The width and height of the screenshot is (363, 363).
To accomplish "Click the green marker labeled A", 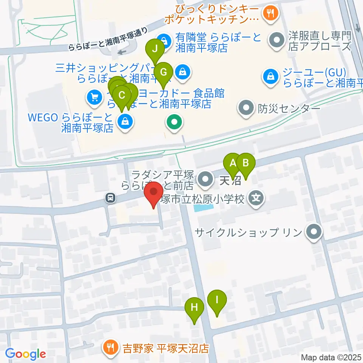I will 233,164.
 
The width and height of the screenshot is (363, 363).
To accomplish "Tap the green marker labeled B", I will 245,164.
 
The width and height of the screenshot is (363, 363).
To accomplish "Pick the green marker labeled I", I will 217,300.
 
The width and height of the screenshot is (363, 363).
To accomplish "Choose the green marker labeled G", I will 163,72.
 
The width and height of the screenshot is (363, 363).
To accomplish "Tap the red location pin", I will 154,193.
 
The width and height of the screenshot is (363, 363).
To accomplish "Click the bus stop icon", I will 110,197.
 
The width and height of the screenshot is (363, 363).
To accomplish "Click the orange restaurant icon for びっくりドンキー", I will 270,14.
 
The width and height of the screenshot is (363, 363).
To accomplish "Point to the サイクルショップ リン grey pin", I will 313,231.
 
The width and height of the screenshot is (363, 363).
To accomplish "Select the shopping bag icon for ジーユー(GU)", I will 271,77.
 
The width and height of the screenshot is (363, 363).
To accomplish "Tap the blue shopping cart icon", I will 93,98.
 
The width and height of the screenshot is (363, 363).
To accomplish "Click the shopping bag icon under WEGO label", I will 124,122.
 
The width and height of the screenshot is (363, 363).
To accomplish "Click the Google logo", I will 25,354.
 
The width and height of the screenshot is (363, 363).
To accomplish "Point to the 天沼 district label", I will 230,180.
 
